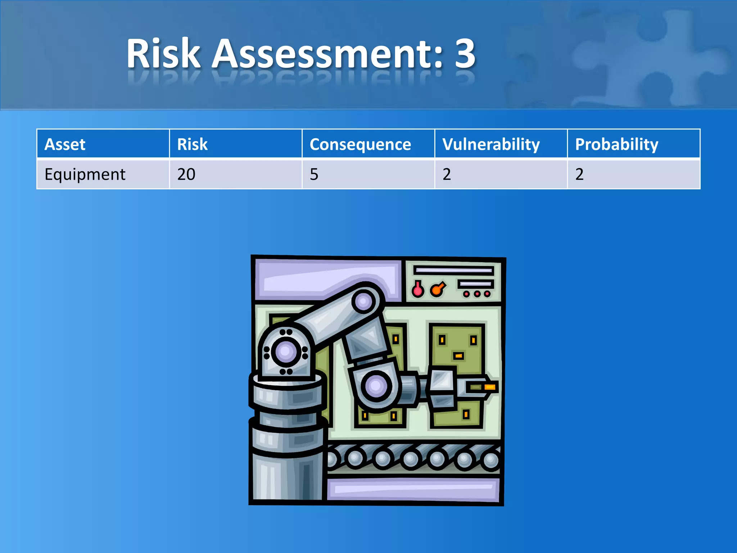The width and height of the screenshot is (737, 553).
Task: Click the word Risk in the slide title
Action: click(164, 54)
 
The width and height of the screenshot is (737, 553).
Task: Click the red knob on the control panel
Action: click(418, 290)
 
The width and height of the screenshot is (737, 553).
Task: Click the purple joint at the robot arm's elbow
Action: click(363, 301)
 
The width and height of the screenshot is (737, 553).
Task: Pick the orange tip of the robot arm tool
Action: click(490, 387)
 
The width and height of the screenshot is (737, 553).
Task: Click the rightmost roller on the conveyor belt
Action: click(491, 460)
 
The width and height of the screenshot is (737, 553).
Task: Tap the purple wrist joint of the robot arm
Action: click(376, 386)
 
